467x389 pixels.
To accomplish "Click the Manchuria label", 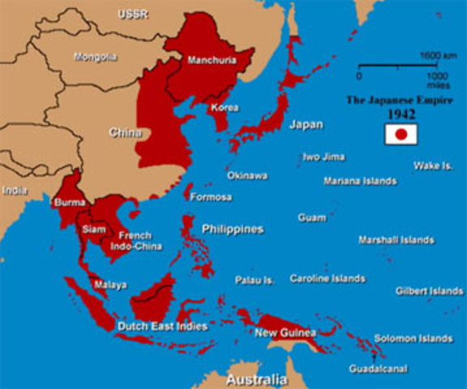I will coord(211,60).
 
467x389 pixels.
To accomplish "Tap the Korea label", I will coord(224,107).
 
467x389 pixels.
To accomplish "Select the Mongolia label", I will coord(95,57).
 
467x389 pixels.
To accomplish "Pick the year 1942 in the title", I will coord(401,115).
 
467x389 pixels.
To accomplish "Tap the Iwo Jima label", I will coord(323,156).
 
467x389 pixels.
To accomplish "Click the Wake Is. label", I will coord(432,165).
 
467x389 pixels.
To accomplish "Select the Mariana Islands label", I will coord(360,181).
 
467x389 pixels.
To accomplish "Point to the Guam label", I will coord(311,217).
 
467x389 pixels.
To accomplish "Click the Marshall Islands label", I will coord(396,240).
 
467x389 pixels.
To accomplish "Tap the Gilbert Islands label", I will coord(429,290).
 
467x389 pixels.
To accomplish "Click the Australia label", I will coord(256,379).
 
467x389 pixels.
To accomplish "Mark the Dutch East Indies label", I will coord(163,327).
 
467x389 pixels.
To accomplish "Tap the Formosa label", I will coord(210,197).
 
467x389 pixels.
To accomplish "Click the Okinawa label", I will coord(246,175).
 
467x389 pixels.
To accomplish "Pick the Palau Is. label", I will coord(255,280).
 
